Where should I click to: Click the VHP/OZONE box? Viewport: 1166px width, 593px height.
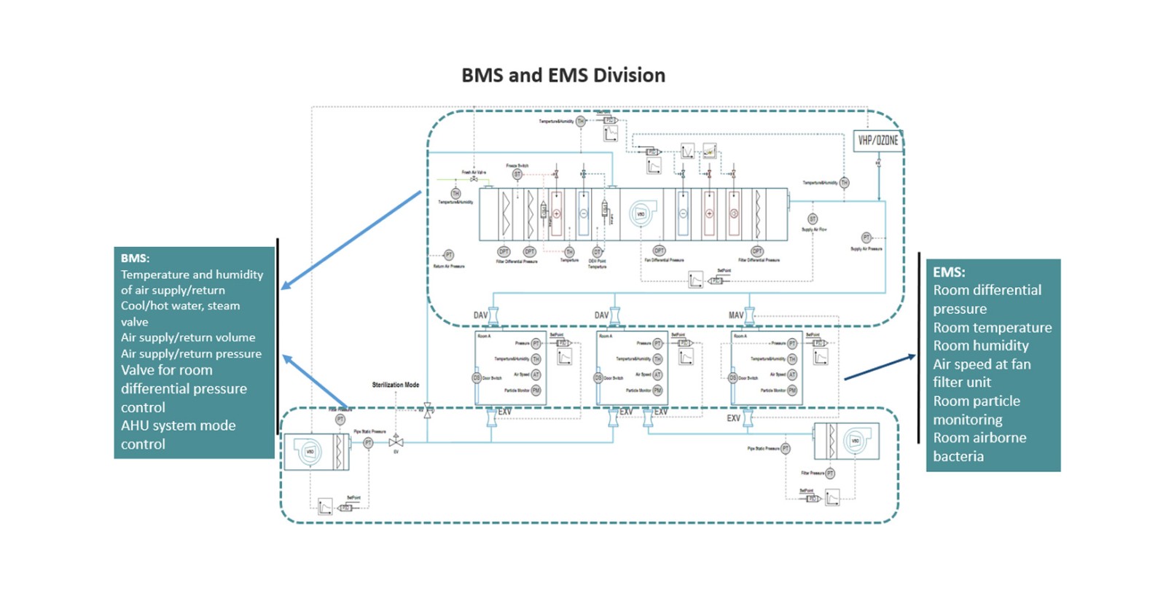point(877,141)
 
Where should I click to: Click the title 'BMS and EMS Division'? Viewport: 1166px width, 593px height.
point(563,75)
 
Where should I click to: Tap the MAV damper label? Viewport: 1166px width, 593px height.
point(736,315)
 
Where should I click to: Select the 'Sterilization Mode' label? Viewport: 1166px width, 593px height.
point(395,385)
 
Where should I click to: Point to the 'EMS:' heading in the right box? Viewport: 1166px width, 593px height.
point(949,272)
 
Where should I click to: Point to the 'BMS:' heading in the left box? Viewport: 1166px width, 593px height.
point(135,258)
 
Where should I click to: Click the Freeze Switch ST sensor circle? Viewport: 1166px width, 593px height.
point(517,175)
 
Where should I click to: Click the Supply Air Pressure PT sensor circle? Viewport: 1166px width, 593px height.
point(866,237)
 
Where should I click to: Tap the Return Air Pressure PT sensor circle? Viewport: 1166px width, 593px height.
point(449,255)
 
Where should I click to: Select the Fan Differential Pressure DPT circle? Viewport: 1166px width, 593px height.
point(659,251)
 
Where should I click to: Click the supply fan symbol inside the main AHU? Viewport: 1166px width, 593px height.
point(641,213)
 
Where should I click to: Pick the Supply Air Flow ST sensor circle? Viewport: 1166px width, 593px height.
point(813,219)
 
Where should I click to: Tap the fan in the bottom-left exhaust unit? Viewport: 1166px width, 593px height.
point(310,452)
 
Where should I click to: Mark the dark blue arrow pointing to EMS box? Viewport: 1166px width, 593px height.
point(880,367)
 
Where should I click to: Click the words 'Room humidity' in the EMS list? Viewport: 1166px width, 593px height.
point(981,345)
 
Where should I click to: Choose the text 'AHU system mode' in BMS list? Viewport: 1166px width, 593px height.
point(178,425)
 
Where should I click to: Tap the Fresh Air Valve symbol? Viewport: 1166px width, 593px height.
point(474,179)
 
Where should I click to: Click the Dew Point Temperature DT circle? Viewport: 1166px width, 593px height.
point(597,252)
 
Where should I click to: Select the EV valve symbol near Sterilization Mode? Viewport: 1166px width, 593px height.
point(396,442)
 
